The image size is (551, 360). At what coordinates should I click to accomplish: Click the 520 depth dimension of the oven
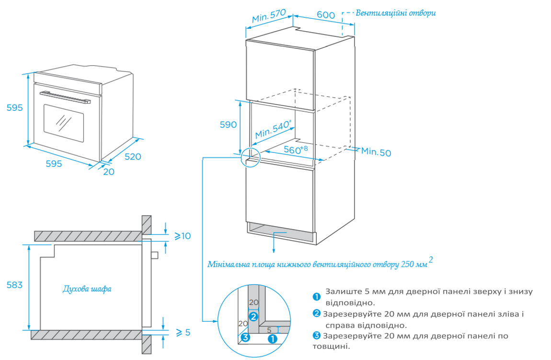click(x=133, y=156)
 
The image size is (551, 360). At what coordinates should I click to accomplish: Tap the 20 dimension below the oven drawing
click(x=109, y=172)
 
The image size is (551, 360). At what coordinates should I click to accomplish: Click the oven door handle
click(x=65, y=96)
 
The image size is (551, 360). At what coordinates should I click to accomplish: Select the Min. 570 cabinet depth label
click(x=269, y=17)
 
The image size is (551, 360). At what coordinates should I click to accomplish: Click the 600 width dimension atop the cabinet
click(x=326, y=15)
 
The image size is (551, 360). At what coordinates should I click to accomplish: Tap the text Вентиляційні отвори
click(x=396, y=13)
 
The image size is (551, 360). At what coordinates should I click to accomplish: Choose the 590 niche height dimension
click(x=228, y=125)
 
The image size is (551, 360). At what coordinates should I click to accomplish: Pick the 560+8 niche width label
click(x=296, y=150)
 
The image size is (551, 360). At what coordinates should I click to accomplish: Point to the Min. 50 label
click(x=376, y=152)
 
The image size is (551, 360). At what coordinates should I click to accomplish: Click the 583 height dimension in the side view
click(x=14, y=285)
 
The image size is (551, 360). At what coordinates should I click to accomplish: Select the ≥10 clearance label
click(x=183, y=236)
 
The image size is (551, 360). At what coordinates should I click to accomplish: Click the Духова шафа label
click(x=87, y=289)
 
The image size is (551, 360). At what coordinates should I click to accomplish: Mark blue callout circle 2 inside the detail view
click(x=253, y=316)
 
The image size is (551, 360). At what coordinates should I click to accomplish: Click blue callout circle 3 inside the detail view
click(x=245, y=337)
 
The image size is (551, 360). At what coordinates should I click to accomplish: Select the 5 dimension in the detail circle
click(x=269, y=330)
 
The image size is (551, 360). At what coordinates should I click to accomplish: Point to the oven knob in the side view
click(x=154, y=255)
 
